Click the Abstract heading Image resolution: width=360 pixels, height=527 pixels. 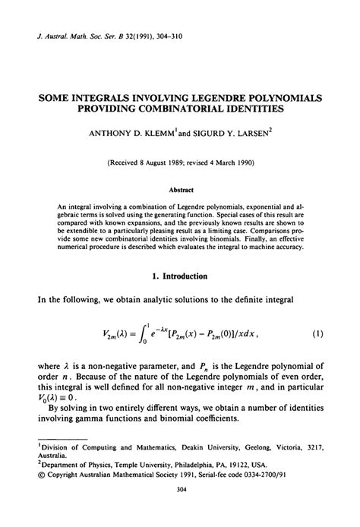pos(180,190)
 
